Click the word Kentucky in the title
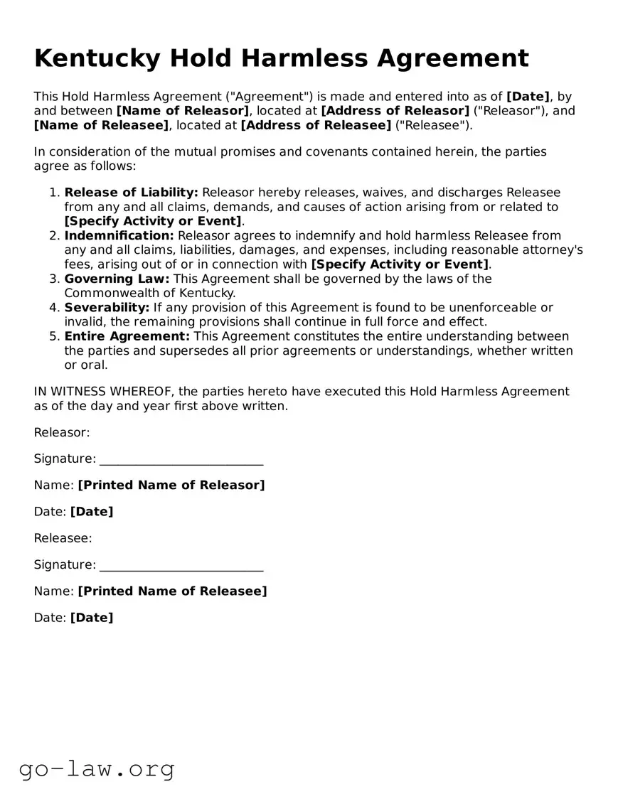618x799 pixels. [97, 58]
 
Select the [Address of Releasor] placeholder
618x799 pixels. [395, 111]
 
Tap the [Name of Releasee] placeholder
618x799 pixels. [102, 126]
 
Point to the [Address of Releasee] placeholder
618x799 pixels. [316, 126]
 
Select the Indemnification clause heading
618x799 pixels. [119, 235]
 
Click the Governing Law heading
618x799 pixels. [117, 279]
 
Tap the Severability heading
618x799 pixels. [107, 307]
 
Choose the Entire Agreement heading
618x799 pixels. [127, 336]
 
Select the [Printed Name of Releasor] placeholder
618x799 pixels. [171, 485]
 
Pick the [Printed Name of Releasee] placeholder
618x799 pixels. [172, 591]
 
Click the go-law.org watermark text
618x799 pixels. [97, 768]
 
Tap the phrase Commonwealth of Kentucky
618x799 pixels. [149, 293]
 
